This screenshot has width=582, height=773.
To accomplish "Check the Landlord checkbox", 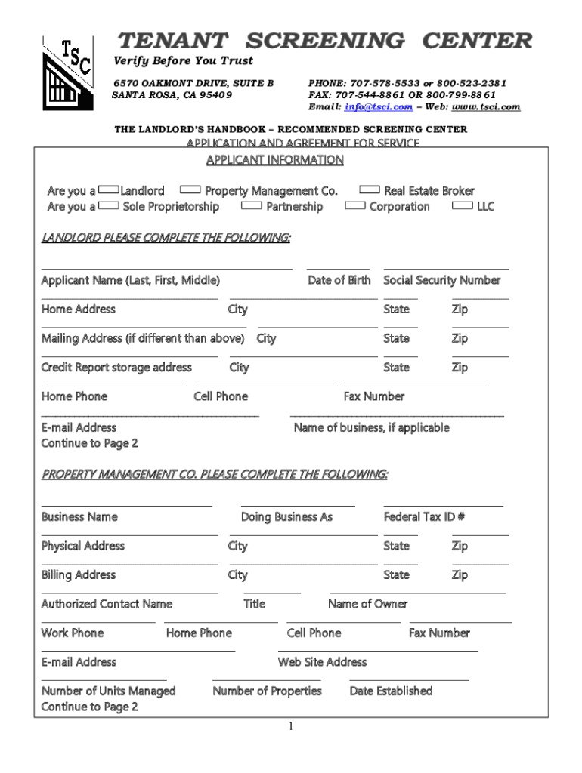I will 109,190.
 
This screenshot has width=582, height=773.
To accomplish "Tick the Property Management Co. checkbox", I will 190,190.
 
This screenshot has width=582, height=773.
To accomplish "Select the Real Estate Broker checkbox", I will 370,190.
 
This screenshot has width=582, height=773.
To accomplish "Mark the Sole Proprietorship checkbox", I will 109,205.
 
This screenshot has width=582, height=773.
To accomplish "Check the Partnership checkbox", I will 252,205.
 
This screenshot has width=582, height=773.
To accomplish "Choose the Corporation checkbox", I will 354,205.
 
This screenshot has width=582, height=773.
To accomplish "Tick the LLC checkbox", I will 462,205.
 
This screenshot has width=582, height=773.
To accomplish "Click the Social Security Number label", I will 442,280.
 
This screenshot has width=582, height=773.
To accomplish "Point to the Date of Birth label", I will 339,280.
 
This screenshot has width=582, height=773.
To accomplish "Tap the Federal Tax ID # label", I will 424,517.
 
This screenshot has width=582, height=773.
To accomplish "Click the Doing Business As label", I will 286,517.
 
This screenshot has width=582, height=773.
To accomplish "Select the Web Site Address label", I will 322,662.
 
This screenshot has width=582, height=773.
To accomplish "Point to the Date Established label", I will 391,691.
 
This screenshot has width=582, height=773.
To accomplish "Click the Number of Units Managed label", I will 108,691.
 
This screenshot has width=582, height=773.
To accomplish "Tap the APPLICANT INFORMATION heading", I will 275,160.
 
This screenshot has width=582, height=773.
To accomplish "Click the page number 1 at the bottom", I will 290,726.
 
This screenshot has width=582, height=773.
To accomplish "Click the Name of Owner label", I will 367,604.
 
